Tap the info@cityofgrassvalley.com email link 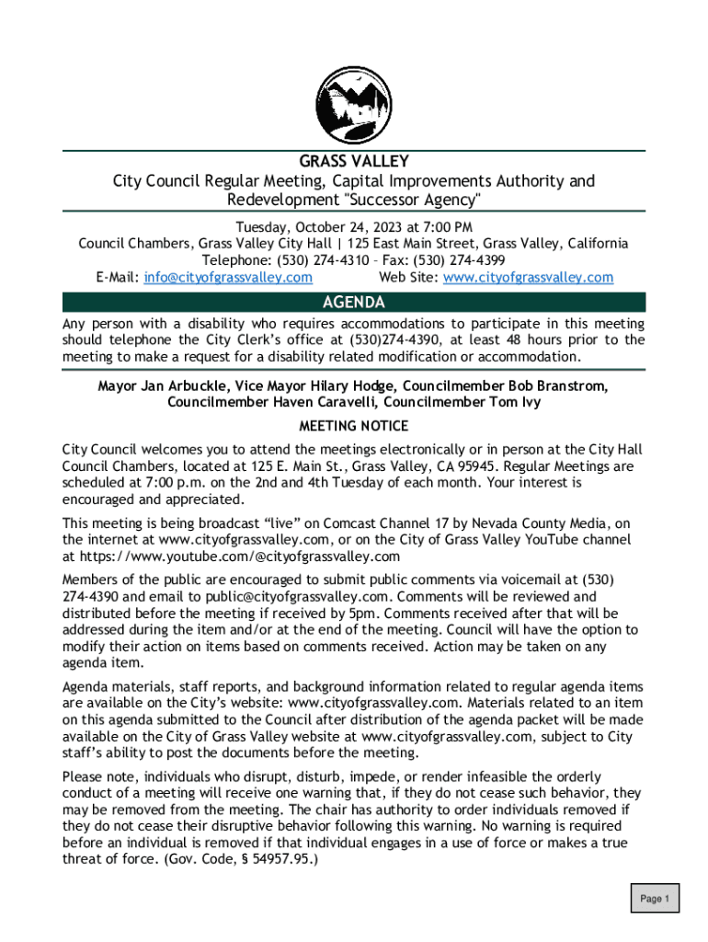pyautogui.click(x=228, y=277)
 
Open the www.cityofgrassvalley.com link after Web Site pyautogui.click(x=528, y=277)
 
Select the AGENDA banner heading pyautogui.click(x=354, y=303)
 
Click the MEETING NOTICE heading pyautogui.click(x=354, y=426)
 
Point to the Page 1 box pyautogui.click(x=655, y=899)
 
